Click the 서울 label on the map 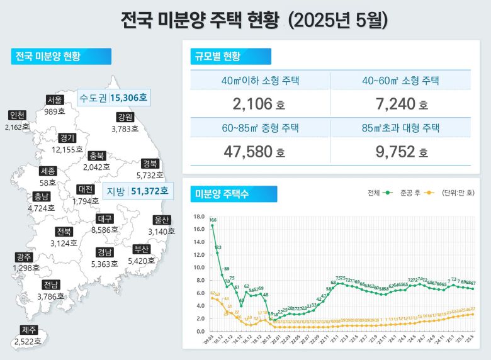tap(55, 100)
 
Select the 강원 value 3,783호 tap(124, 129)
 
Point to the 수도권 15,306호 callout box tap(113, 98)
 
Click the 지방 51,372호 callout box tap(137, 191)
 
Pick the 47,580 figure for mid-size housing tap(249, 151)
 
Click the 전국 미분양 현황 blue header tap(62, 56)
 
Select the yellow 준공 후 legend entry tap(419, 193)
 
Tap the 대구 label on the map tap(105, 219)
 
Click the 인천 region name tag tap(17, 115)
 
